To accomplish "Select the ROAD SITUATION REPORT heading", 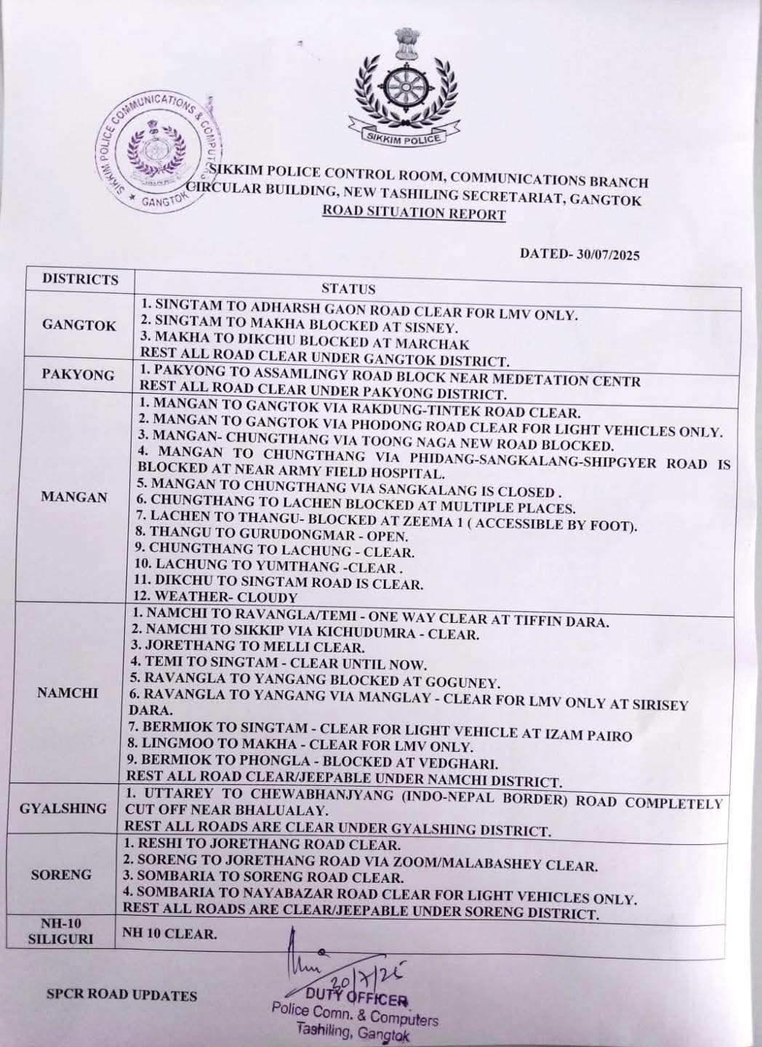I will [414, 213].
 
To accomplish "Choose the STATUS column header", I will [348, 289].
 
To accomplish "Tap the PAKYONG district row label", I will [79, 375].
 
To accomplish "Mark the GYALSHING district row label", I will [73, 809].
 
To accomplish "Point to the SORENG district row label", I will [62, 875].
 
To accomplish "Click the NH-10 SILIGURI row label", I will [65, 931].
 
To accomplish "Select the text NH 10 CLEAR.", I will [170, 934].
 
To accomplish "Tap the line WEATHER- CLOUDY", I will [216, 598].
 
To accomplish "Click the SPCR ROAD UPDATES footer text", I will [121, 995].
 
